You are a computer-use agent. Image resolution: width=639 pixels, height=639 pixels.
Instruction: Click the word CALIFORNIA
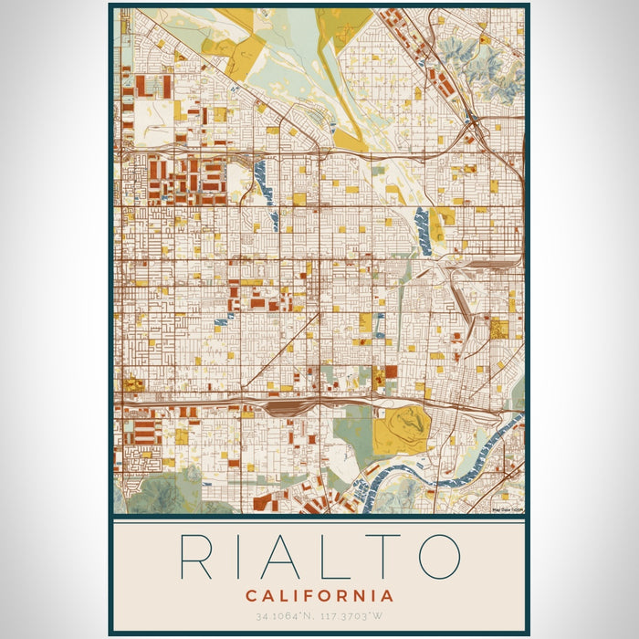point(319,596)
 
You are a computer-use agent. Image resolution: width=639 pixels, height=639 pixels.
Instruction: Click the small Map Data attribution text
point(508,510)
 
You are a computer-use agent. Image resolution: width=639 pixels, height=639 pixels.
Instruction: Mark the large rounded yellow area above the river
point(400,429)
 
